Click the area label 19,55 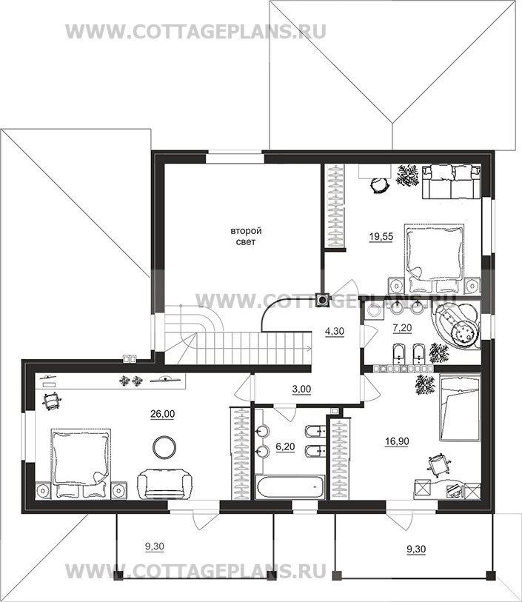pyautogui.click(x=381, y=236)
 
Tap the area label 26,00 pyautogui.click(x=162, y=414)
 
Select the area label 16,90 pyautogui.click(x=397, y=441)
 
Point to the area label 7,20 pyautogui.click(x=402, y=328)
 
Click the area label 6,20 pyautogui.click(x=285, y=447)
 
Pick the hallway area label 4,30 pyautogui.click(x=335, y=331)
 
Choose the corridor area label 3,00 pyautogui.click(x=301, y=389)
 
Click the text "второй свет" pyautogui.click(x=246, y=236)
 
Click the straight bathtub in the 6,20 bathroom pyautogui.click(x=290, y=486)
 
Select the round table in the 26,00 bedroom pyautogui.click(x=164, y=447)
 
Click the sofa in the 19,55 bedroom pyautogui.click(x=452, y=181)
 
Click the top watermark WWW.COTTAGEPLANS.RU pyautogui.click(x=195, y=31)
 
